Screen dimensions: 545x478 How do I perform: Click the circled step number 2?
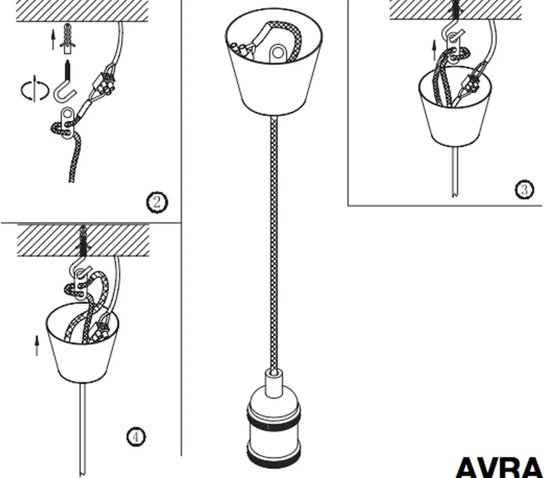[157, 202]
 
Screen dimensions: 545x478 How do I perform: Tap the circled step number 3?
[524, 189]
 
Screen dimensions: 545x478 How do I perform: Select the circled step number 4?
[136, 437]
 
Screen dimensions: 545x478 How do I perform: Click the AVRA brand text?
[499, 468]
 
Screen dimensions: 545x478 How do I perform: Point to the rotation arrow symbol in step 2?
[35, 90]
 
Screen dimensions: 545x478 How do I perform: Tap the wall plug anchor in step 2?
[68, 38]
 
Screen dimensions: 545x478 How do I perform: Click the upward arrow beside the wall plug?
[53, 40]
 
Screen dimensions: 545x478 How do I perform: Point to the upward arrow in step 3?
[434, 51]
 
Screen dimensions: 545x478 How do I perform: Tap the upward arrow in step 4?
[37, 346]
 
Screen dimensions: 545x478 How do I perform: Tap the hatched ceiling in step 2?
[82, 11]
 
